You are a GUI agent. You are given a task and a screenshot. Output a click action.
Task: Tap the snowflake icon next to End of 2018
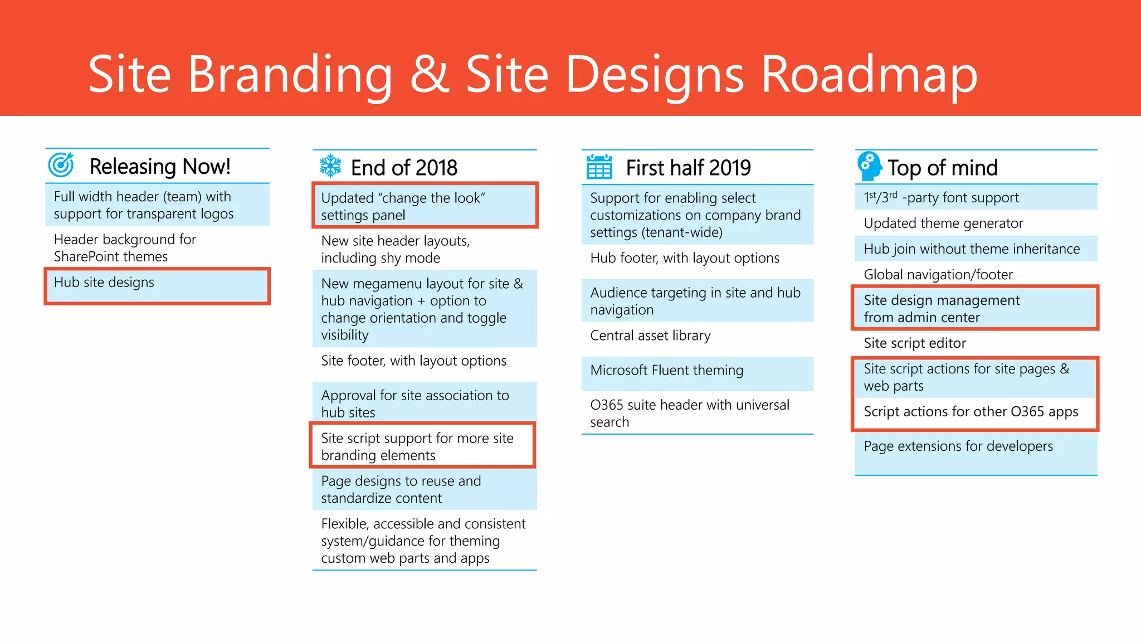point(330,166)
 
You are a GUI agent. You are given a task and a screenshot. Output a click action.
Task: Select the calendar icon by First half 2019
point(599,167)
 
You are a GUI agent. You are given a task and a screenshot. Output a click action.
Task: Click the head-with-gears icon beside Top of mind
point(869,166)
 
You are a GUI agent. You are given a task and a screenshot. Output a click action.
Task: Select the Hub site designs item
point(104,283)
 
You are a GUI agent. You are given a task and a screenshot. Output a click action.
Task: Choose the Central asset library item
point(650,335)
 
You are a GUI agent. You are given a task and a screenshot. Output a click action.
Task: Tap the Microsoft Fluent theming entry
point(666,371)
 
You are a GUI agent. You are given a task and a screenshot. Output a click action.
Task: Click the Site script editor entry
point(915,343)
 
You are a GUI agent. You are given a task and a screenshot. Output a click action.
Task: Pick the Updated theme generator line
point(943,223)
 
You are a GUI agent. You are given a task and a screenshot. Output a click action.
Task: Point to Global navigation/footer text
point(938,275)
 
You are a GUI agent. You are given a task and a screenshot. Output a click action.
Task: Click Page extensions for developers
point(958,446)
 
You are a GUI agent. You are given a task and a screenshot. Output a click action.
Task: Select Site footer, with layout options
point(413,361)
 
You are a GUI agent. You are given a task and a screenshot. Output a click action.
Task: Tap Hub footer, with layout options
point(685,258)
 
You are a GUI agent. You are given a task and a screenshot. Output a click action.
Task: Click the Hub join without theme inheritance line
point(972,249)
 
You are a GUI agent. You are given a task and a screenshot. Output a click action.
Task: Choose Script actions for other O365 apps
point(971,412)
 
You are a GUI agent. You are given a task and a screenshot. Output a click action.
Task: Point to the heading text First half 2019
point(688,168)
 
